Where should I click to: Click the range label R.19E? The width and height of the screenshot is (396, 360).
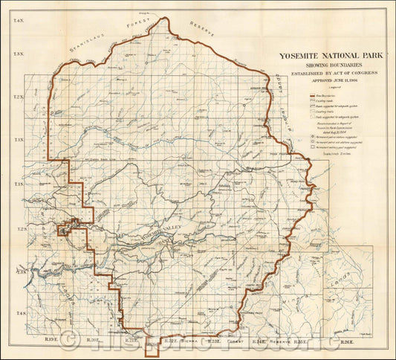click(51, 341)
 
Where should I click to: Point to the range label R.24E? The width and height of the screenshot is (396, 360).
click(260, 342)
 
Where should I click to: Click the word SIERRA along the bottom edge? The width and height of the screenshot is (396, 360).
click(186, 342)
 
